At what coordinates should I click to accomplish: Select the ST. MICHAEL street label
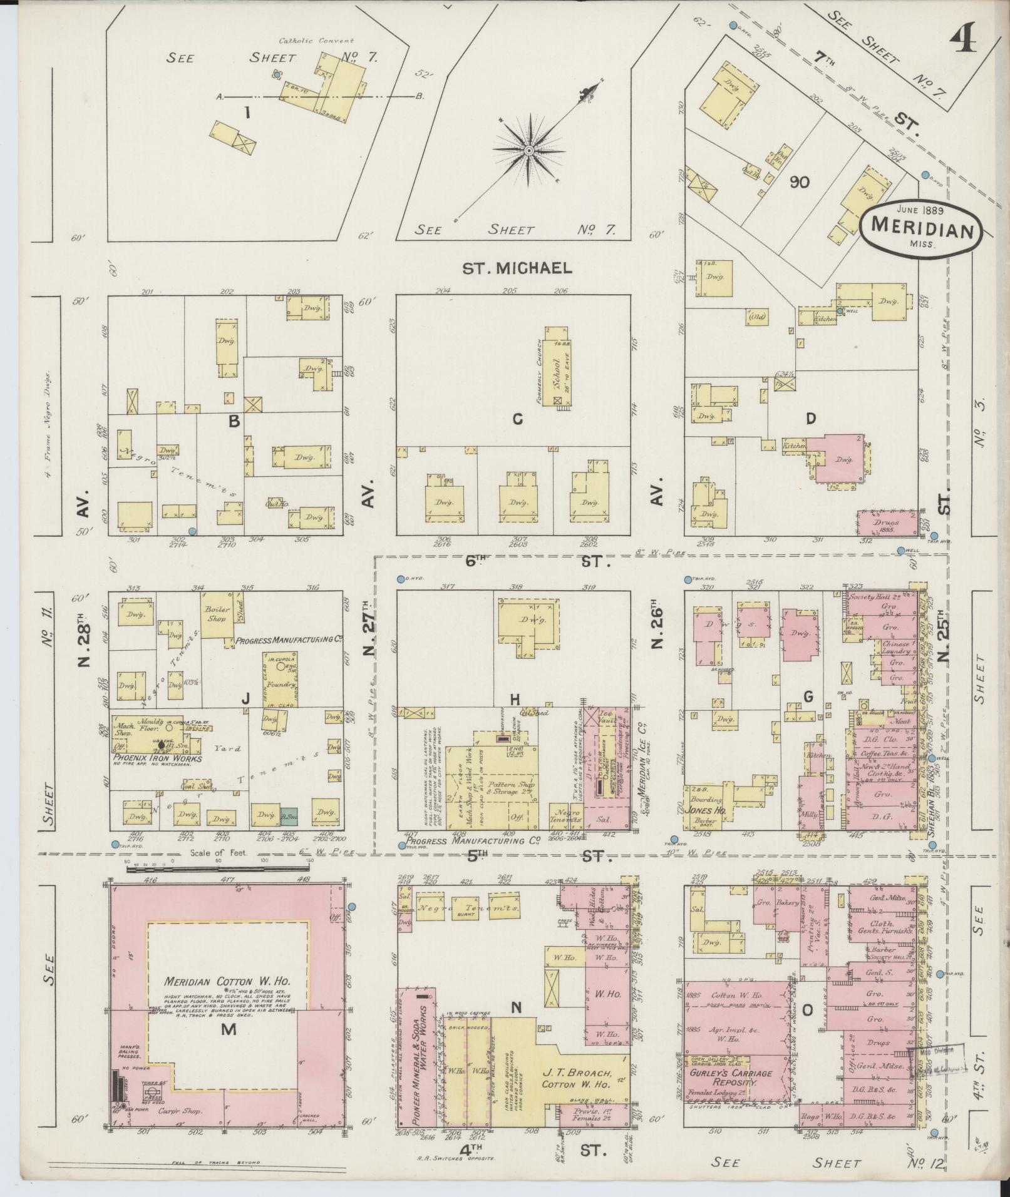click(517, 268)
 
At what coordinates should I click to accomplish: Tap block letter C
click(517, 419)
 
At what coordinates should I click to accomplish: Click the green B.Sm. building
click(289, 816)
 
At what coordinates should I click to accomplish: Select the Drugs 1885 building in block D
click(884, 523)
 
